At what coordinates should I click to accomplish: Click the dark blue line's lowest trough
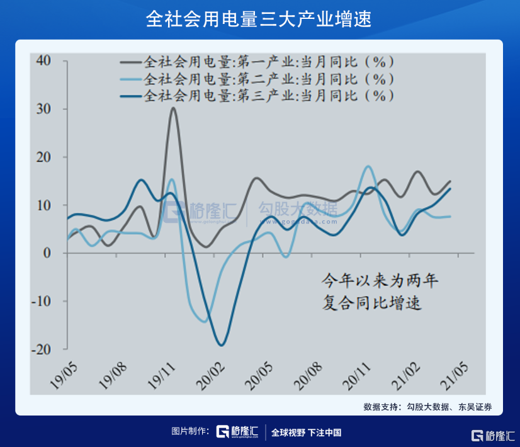coord(221,345)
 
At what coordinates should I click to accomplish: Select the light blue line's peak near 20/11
coord(368,166)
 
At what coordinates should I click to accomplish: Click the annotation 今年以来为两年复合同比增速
coord(375,291)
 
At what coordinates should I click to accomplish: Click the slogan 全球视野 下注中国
coord(306,433)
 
